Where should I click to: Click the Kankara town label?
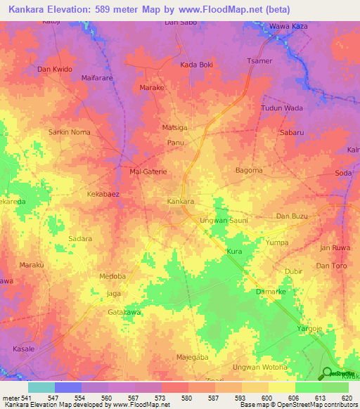coord(181,202)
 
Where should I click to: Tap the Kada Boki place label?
coord(196,65)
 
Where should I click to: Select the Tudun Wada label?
coord(282,108)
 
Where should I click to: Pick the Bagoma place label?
coord(249,170)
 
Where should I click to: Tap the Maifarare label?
coord(98,77)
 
